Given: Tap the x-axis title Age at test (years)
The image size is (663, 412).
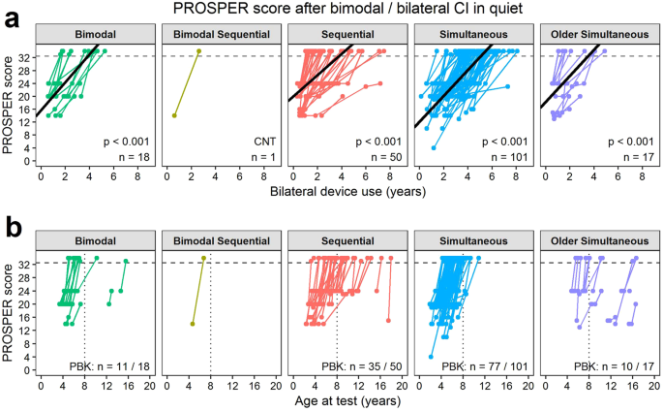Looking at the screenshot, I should pos(344,402).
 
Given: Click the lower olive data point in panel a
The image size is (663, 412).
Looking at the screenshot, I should pos(174,115).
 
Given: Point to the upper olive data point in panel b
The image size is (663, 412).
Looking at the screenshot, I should pos(203,258).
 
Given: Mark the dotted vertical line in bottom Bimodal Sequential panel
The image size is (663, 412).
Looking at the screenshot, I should pos(210,320).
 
